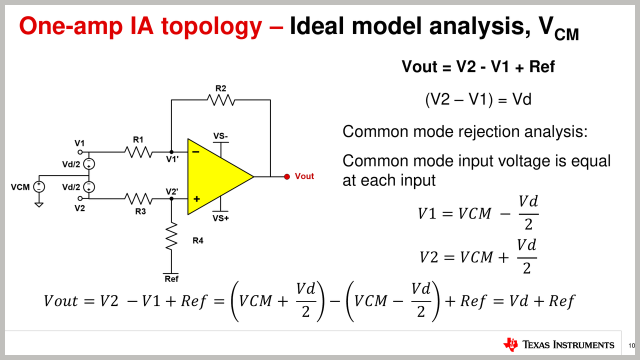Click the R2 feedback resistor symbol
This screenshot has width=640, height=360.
[221, 100]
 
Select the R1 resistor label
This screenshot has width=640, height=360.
[138, 139]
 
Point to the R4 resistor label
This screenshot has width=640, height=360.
[198, 240]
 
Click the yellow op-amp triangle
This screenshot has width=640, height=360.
[215, 176]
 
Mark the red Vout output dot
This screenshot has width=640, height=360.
[287, 176]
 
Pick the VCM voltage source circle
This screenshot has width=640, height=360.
[39, 187]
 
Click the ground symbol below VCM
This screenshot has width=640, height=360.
[39, 203]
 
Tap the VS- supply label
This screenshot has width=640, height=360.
[220, 136]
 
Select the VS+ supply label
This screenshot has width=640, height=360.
[220, 218]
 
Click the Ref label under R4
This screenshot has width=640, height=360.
[171, 278]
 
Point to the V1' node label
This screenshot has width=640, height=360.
[172, 159]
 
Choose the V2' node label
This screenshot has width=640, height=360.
[171, 191]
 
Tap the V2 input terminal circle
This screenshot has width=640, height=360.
[80, 199]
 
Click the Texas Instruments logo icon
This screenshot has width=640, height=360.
[510, 344]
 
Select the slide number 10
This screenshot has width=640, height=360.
[631, 345]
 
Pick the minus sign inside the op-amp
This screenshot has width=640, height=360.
[196, 151]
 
